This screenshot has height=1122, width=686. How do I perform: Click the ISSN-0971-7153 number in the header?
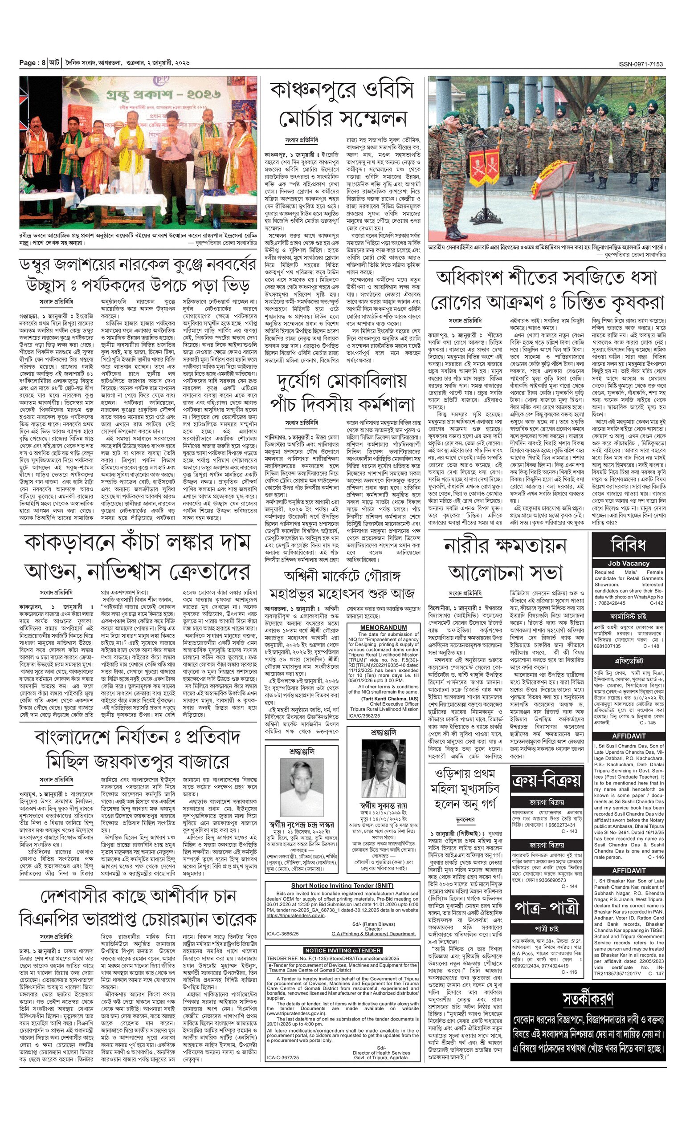click(x=641, y=64)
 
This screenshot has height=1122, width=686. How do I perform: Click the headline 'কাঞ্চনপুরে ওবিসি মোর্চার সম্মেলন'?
click(x=342, y=104)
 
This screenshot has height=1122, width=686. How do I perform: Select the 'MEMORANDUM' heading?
click(x=384, y=627)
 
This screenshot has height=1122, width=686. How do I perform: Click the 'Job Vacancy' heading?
click(x=629, y=563)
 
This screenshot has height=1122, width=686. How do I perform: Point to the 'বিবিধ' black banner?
click(x=629, y=544)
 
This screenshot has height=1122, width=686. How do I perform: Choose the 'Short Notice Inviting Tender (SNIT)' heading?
click(x=342, y=886)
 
